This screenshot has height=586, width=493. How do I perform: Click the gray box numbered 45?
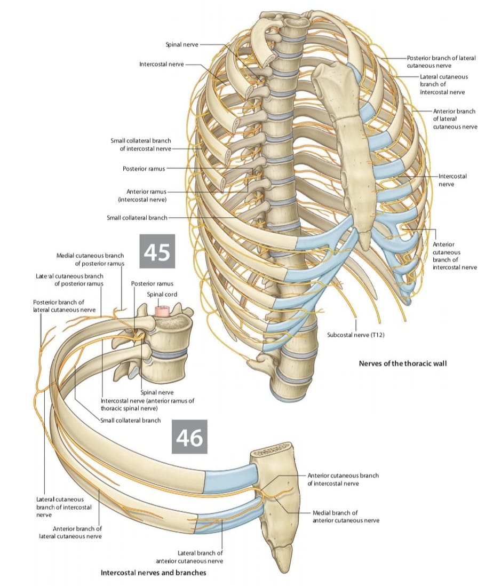pos(157,251)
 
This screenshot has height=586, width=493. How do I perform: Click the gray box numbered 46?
pos(189,437)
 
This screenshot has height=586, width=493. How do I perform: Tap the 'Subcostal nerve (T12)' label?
pos(355,335)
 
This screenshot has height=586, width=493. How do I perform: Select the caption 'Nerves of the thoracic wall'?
pos(403,363)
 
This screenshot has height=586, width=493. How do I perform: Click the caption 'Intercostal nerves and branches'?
pos(154,573)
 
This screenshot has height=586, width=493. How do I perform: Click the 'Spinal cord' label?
pos(162,294)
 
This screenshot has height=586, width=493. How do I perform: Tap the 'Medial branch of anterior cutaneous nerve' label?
pos(346,517)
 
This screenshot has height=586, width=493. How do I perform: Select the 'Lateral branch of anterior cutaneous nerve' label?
pos(189,557)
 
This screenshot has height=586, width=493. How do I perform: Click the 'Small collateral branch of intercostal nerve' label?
pos(141,145)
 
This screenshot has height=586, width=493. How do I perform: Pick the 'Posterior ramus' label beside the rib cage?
pos(144,169)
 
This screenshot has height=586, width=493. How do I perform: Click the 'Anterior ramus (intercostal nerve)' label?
pos(142,195)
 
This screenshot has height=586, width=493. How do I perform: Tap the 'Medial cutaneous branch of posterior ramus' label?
pos(90,259)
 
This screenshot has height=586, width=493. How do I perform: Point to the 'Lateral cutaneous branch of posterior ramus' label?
pos(70,280)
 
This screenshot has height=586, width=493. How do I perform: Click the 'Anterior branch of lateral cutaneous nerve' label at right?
pos(455,119)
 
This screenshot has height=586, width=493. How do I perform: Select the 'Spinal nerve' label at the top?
pos(182,44)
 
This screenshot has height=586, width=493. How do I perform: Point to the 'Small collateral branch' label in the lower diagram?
pos(131,421)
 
